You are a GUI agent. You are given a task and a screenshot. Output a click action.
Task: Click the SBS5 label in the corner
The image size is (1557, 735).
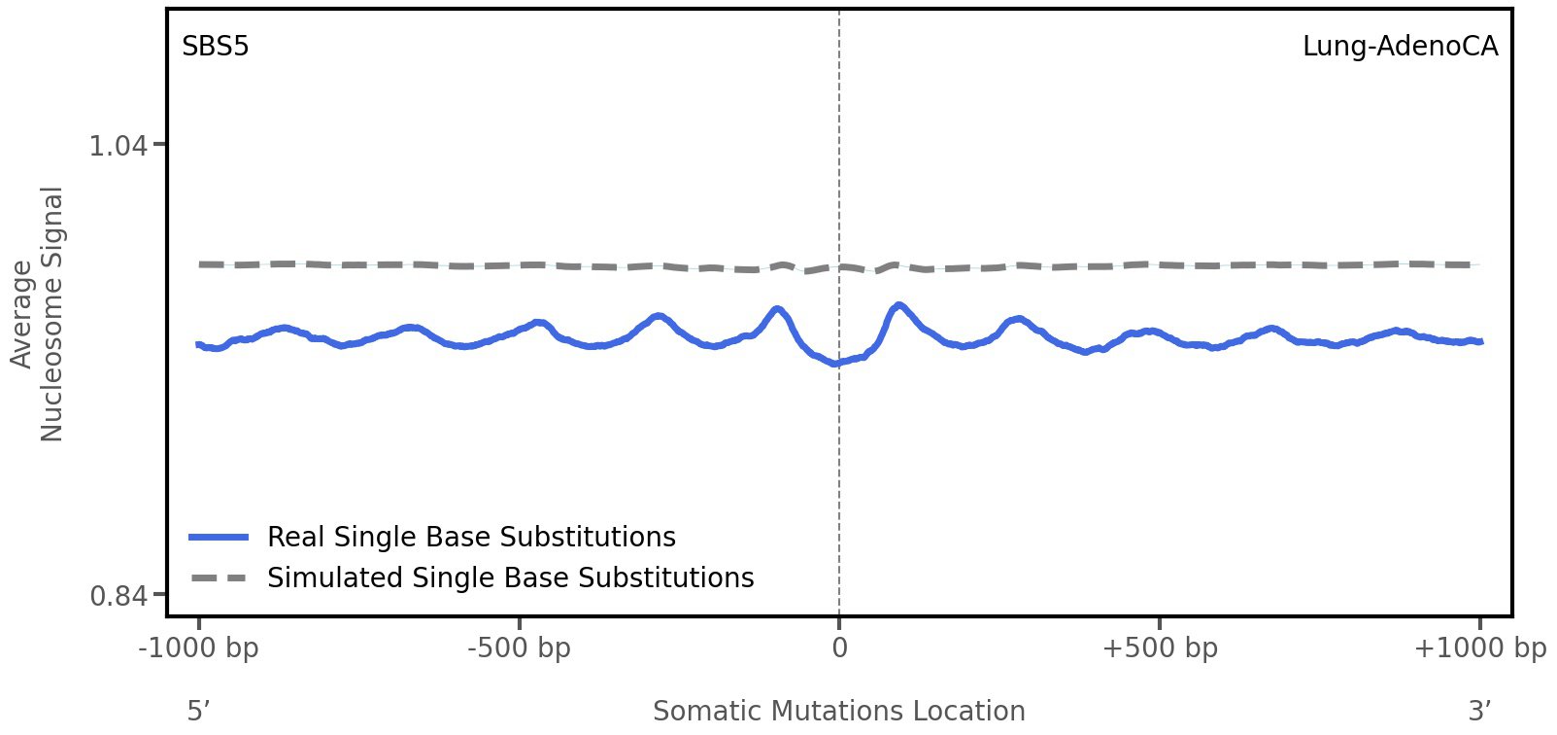pos(216,47)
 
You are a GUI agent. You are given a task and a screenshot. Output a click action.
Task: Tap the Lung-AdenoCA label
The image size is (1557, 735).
pos(1400,47)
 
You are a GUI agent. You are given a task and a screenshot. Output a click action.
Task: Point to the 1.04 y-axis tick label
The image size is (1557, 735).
pos(118,146)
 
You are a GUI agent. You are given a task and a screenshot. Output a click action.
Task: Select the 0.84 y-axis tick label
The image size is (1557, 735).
pos(118,595)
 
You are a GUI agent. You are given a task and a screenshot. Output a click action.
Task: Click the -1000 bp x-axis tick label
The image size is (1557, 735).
pos(199,648)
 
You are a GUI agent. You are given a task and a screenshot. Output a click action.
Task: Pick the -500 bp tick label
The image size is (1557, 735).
pos(519,648)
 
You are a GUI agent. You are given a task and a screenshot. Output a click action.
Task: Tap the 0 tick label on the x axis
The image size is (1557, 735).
pos(839,648)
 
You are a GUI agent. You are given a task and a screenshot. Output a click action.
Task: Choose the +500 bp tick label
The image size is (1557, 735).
pos(1160,648)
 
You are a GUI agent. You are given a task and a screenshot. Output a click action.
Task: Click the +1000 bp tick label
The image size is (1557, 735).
pos(1479,648)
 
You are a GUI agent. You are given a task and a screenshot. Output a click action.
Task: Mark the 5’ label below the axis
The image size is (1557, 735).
pos(198,712)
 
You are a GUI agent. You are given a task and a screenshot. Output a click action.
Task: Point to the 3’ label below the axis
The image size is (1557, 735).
pos(1479,712)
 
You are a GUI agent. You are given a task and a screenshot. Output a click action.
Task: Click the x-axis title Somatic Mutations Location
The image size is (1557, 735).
pos(839,712)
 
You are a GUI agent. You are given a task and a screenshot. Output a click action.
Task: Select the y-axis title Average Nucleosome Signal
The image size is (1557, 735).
pos(38,314)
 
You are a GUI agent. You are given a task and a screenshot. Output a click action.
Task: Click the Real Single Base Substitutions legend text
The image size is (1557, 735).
pos(471,538)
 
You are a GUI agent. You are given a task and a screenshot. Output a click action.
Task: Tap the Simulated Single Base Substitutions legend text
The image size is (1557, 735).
pos(510,578)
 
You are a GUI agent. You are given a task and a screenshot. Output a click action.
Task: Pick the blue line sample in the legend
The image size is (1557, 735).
pos(220,538)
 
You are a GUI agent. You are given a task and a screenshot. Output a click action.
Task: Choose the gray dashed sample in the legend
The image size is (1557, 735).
pos(220,578)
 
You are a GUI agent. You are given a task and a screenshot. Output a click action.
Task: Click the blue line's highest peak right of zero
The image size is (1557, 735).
pos(899,305)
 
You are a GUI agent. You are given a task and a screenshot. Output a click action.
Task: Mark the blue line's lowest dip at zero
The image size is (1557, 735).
pos(835,364)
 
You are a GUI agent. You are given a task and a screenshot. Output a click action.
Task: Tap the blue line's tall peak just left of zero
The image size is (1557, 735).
pos(777,310)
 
